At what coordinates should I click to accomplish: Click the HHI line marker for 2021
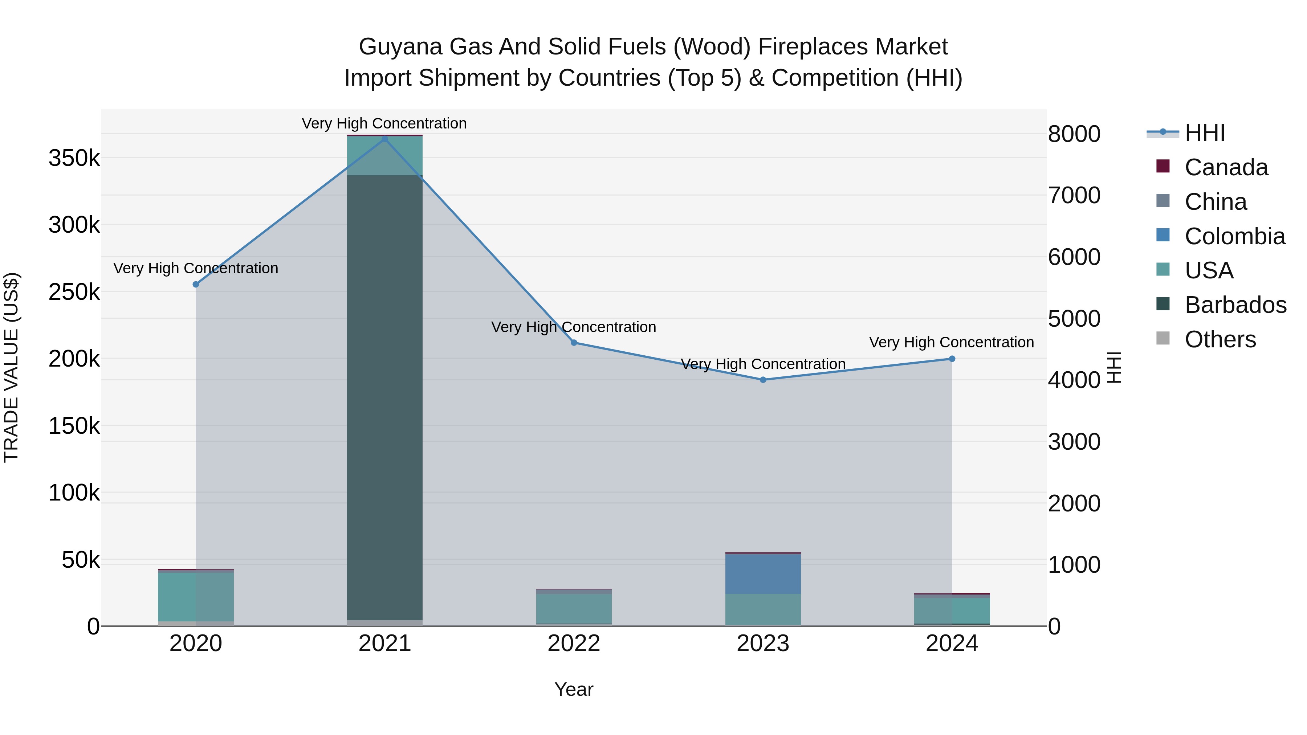(x=384, y=139)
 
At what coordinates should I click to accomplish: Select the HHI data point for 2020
(x=196, y=285)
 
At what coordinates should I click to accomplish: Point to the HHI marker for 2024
(x=952, y=359)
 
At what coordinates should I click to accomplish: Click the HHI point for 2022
(x=574, y=343)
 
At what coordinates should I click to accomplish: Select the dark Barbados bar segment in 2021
(x=384, y=396)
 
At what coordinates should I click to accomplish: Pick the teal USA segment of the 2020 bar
(x=196, y=596)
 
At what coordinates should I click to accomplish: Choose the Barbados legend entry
(x=1235, y=305)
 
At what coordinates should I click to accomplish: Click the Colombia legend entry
(x=1234, y=236)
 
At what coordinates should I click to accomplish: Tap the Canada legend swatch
(x=1163, y=166)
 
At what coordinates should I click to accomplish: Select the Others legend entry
(x=1220, y=339)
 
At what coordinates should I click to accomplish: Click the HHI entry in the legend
(x=1205, y=133)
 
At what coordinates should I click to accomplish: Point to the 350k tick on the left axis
(x=74, y=158)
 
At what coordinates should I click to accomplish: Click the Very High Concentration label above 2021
(x=384, y=124)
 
